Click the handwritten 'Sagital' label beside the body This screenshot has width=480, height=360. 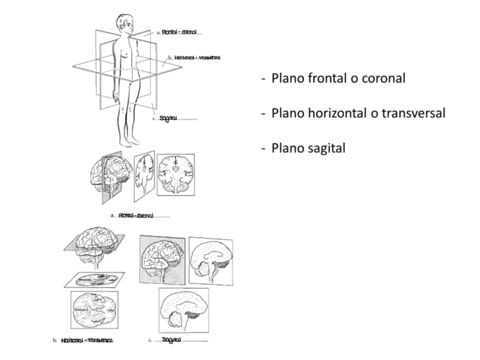coord(169,118)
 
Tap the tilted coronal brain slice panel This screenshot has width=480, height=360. coord(144,175)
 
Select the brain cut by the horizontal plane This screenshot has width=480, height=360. coord(94,243)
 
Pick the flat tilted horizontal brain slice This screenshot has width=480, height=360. coord(94,279)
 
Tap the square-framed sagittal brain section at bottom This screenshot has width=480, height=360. coord(183,310)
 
